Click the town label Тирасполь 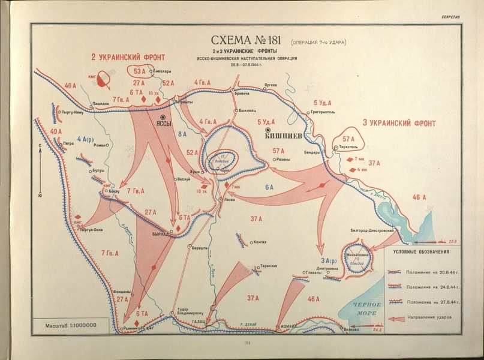coord(348,146)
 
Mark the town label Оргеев coord(270,85)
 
